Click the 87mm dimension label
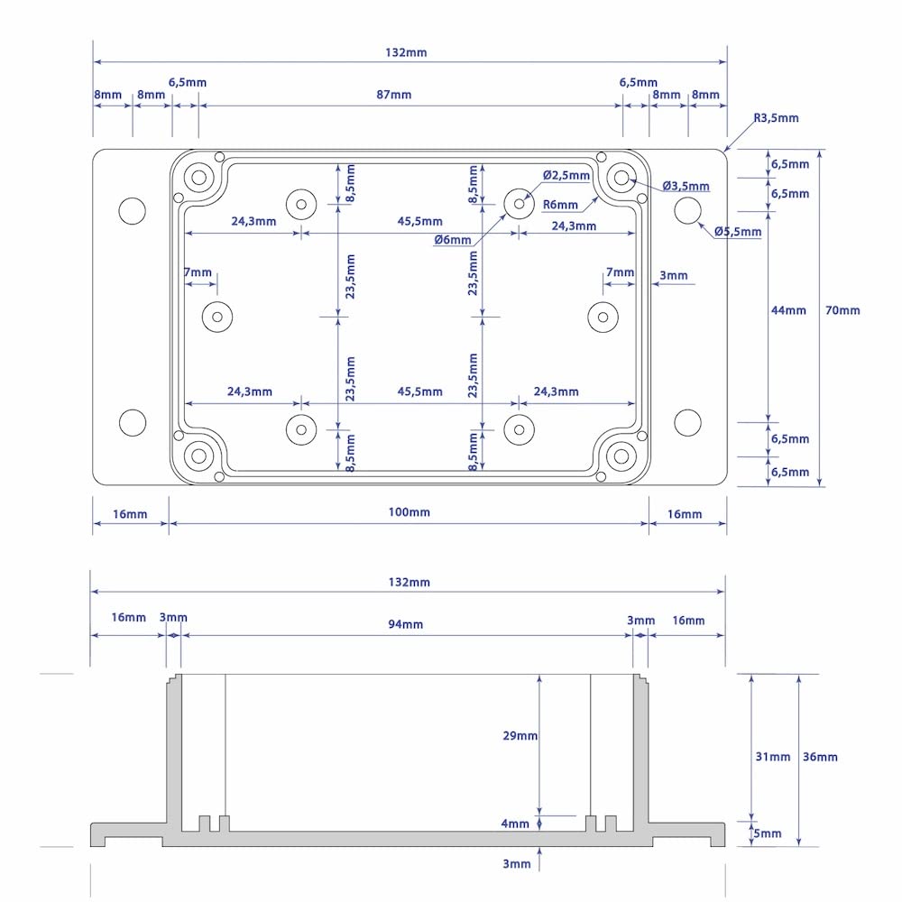pos(393,95)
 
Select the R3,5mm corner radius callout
pos(776,118)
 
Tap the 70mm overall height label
pos(842,310)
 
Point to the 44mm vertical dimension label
pos(788,310)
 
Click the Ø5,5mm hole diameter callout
pos(738,232)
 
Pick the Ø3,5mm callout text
pos(686,186)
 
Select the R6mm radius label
pos(560,205)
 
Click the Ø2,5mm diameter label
pos(566,175)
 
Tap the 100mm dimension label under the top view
pos(409,512)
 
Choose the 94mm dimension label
pos(406,624)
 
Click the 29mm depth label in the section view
pos(520,736)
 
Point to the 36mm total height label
pos(820,757)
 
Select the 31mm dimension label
pos(772,757)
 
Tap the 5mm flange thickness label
pos(768,834)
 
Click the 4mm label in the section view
pos(515,824)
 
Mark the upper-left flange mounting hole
pos(132,210)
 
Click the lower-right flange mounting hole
pos(687,421)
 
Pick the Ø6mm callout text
pos(452,240)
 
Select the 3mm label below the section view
pos(516,864)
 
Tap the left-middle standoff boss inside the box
pos(217,317)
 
